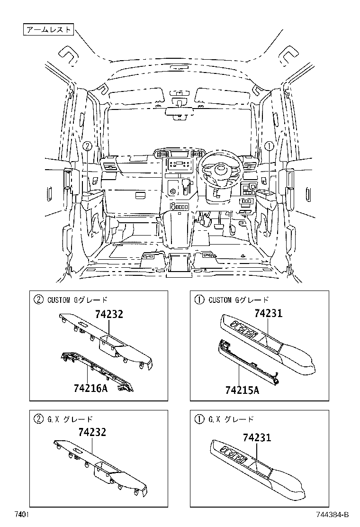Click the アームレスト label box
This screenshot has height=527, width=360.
coord(48,30)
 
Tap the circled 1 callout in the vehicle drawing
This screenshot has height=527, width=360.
coord(268,146)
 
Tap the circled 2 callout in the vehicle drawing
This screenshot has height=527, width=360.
coord(87,146)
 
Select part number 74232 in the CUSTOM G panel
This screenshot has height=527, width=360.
coord(108,314)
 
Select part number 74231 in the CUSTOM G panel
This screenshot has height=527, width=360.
coord(268,313)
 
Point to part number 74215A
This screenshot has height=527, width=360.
coord(242,390)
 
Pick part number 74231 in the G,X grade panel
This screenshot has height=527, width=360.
coord(257,437)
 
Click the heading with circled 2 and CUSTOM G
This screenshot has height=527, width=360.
coord(71,300)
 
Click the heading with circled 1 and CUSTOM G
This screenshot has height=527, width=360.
coord(232,300)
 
